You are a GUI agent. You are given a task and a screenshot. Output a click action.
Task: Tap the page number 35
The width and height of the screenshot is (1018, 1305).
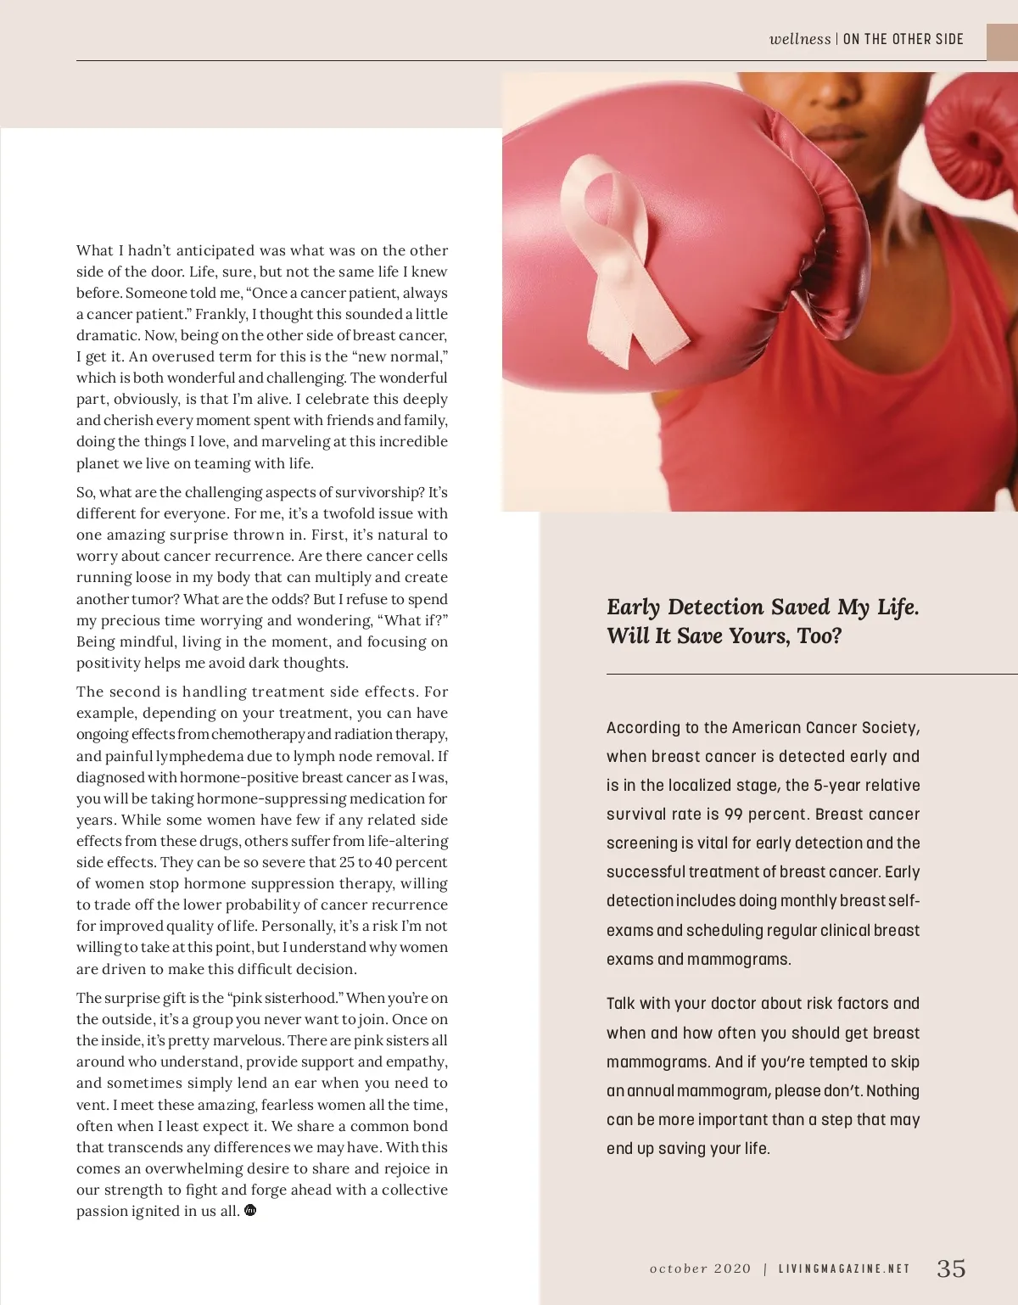click(951, 1269)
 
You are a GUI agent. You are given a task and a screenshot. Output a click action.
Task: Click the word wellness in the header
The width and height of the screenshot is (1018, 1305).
click(799, 39)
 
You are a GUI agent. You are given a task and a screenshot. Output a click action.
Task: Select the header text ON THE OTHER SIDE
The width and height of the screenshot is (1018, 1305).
click(903, 39)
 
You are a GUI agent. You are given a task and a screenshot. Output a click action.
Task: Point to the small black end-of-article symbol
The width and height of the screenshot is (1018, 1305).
click(250, 1210)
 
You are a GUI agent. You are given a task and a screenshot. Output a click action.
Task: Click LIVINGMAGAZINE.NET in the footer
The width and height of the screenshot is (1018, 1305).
click(844, 1269)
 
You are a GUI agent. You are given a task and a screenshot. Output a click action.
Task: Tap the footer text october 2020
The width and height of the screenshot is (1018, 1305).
click(700, 1269)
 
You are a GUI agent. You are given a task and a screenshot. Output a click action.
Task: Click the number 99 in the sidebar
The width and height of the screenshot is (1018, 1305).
click(734, 815)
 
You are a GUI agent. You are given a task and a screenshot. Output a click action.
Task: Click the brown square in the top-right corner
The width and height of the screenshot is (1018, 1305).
click(1002, 42)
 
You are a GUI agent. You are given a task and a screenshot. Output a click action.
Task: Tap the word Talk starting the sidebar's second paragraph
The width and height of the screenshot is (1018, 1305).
click(620, 1004)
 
